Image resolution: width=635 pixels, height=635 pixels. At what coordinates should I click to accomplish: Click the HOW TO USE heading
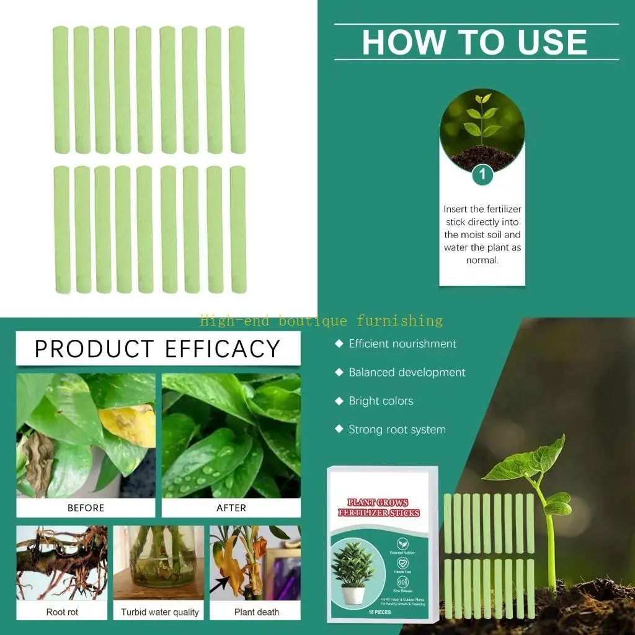click(x=475, y=42)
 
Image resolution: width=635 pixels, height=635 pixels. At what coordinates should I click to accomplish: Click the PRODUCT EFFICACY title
click(x=158, y=349)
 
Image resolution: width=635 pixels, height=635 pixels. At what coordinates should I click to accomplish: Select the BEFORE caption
click(x=86, y=508)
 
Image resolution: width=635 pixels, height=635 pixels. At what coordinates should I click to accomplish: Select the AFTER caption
click(x=231, y=508)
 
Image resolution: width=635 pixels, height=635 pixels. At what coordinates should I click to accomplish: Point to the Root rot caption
click(x=62, y=612)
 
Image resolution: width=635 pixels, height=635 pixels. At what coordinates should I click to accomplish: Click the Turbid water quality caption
click(x=160, y=612)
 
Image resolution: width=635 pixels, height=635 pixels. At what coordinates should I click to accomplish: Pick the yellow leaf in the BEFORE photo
click(x=129, y=423)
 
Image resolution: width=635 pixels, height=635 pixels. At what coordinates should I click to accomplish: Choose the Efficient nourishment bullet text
click(x=402, y=344)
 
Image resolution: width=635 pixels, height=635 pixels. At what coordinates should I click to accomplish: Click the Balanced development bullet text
click(x=407, y=372)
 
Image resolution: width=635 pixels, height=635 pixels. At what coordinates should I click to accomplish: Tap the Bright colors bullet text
click(x=381, y=401)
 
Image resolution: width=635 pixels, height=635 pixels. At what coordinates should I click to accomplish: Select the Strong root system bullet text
click(x=397, y=429)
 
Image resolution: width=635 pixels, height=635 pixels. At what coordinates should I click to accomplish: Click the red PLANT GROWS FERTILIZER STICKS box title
click(x=383, y=507)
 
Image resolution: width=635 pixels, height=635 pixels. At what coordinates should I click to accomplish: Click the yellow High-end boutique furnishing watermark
click(x=321, y=321)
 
